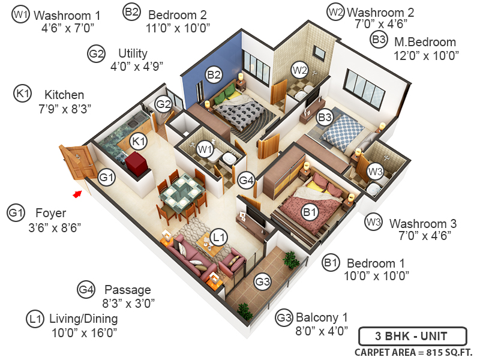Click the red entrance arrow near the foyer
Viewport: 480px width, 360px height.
(x=77, y=193)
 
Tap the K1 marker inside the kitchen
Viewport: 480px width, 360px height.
(x=139, y=142)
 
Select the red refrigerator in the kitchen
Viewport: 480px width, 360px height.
(x=137, y=162)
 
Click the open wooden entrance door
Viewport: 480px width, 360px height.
(x=75, y=161)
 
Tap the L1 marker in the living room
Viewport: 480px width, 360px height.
(x=220, y=238)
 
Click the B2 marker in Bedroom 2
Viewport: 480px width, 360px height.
(x=214, y=75)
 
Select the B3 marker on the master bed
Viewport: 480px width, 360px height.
(x=325, y=118)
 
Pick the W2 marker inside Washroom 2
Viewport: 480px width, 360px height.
(x=299, y=70)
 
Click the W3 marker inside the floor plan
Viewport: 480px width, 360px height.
(x=375, y=172)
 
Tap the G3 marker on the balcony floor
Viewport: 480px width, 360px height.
(x=262, y=281)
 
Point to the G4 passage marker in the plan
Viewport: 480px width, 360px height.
(x=246, y=179)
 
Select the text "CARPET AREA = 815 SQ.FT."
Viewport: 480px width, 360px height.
(x=413, y=352)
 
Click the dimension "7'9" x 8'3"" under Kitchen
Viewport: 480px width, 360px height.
(x=64, y=108)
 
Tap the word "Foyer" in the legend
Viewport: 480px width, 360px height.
(x=50, y=213)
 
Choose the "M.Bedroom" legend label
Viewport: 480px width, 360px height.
(x=425, y=42)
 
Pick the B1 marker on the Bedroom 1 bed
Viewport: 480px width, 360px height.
(x=310, y=211)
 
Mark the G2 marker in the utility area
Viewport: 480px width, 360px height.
(x=164, y=104)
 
